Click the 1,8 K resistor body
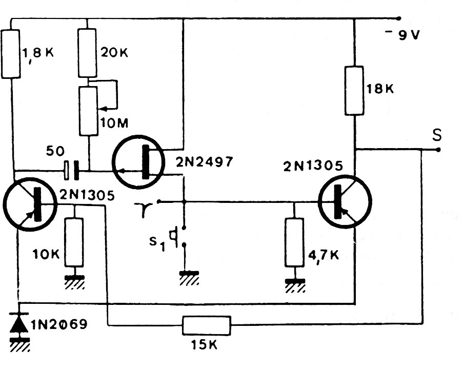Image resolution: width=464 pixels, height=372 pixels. tap(11, 54)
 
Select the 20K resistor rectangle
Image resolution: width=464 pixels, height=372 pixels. tap(87, 53)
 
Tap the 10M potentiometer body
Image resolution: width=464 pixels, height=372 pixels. tap(89, 111)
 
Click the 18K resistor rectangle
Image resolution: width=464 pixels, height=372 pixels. tap(354, 91)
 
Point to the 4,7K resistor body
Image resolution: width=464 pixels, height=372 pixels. tap(294, 242)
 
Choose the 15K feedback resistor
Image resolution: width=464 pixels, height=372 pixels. tap(206, 325)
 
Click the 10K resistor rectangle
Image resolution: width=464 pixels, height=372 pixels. tap(74, 242)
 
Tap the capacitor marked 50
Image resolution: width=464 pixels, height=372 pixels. tap(72, 171)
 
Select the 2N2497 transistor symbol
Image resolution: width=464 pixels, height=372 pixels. tap(138, 161)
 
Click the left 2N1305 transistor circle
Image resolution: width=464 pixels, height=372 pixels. tap(30, 204)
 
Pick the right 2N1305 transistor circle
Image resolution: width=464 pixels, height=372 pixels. tap(345, 202)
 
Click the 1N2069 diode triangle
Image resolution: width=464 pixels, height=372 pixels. tap(19, 323)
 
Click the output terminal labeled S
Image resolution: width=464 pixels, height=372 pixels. tap(438, 150)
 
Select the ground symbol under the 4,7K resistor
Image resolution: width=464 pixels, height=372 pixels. tap(295, 285)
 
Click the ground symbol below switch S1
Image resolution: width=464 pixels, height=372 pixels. tap(189, 278)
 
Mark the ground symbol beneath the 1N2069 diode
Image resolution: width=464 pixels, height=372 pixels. tap(20, 344)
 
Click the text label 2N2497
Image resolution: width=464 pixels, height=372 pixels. tap(205, 162)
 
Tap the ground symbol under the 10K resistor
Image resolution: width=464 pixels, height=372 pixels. tap(74, 282)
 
